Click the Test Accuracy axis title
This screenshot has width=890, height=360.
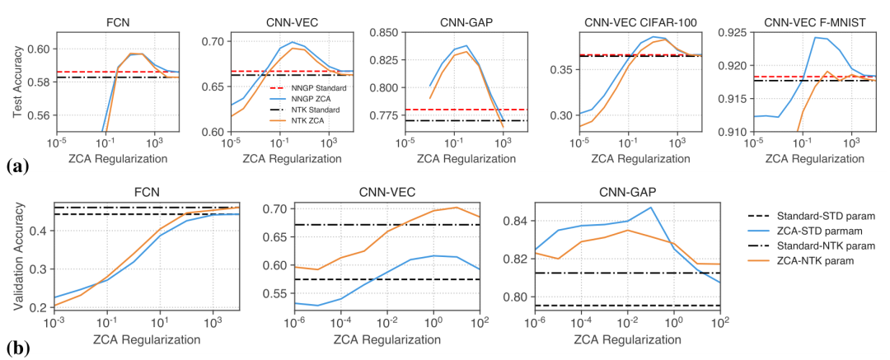point(19,82)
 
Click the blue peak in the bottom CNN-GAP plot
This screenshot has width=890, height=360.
point(651,208)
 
